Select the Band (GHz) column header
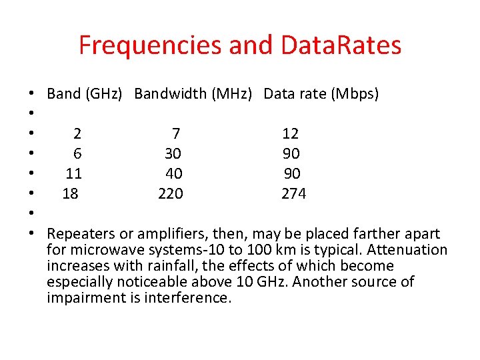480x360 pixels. (x=85, y=94)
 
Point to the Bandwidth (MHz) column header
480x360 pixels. (x=193, y=94)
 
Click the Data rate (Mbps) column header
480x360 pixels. (x=321, y=94)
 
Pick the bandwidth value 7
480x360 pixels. (x=176, y=134)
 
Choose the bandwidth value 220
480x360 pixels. (x=171, y=194)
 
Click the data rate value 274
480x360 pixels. (x=293, y=194)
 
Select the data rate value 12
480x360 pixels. (x=291, y=134)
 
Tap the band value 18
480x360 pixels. (x=70, y=194)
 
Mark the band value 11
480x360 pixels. (x=73, y=174)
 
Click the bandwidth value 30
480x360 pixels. (x=173, y=154)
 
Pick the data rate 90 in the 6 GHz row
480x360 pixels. (x=291, y=154)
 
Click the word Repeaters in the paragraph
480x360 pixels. (x=79, y=234)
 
